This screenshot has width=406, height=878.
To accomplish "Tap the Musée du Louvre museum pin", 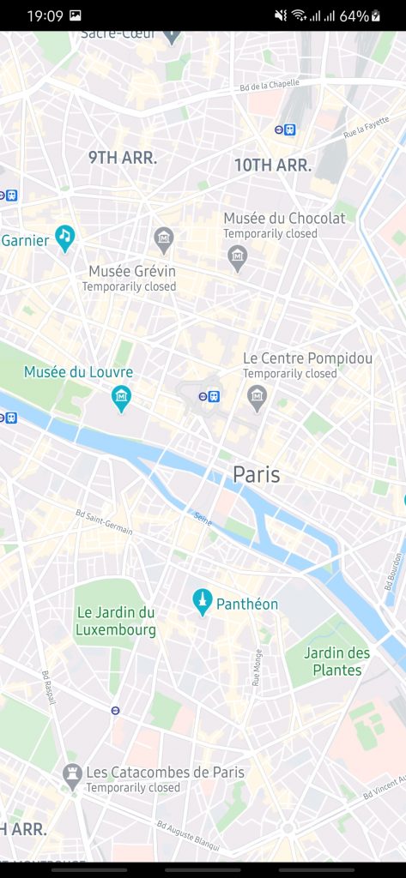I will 122,397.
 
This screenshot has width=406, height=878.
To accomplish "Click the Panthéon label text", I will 247,604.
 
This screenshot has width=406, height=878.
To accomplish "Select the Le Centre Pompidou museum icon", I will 257,397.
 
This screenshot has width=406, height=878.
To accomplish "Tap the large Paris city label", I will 257,474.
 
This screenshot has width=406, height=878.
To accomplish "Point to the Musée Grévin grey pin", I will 164,238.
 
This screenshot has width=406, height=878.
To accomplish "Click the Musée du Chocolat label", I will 284,218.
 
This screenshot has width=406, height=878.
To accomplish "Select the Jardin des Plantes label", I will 336,661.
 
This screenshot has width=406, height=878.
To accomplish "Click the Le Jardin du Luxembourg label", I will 116,622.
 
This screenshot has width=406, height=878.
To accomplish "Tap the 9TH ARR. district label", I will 123,158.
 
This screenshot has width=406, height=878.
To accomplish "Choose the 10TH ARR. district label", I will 273,165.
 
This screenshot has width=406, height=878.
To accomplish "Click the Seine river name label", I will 203,519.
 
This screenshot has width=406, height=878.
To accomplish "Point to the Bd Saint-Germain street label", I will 104,522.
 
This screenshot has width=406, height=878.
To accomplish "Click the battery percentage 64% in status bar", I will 354,16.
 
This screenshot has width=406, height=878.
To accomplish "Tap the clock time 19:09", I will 45,16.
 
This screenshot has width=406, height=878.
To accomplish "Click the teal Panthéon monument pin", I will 203,602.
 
